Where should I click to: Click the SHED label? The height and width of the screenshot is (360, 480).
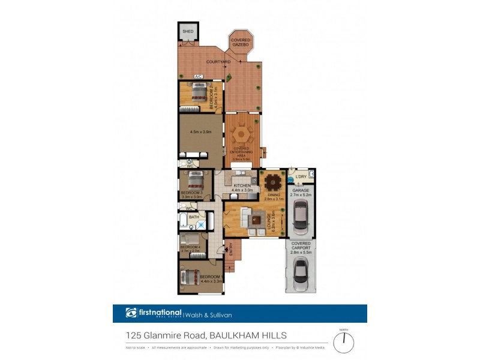188,32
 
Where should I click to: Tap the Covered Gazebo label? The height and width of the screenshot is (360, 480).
241,43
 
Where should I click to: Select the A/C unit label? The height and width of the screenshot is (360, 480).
197,76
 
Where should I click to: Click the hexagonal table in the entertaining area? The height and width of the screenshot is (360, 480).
243,132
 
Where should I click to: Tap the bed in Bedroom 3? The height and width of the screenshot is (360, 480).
196,180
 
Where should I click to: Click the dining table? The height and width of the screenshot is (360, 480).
273,181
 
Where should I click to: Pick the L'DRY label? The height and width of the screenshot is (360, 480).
301,176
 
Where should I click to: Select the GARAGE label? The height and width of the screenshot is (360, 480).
301,190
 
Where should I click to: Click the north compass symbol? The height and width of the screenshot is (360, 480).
344,341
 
